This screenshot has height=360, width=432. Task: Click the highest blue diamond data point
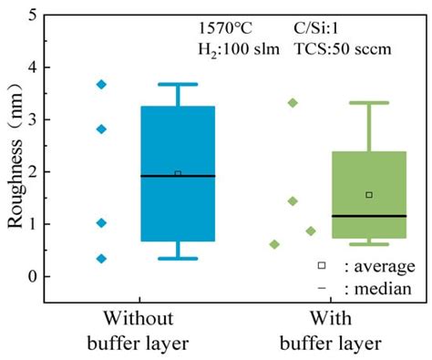click(x=101, y=85)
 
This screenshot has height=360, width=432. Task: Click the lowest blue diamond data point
click(x=101, y=259)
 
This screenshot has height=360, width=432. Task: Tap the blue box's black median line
click(x=178, y=176)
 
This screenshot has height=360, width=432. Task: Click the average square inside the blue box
click(x=178, y=173)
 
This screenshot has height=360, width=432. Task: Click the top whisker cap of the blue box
click(x=178, y=85)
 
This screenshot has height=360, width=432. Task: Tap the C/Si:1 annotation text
click(x=321, y=28)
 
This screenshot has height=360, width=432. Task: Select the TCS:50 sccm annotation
click(x=342, y=47)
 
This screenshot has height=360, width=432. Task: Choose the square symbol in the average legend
click(x=322, y=266)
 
